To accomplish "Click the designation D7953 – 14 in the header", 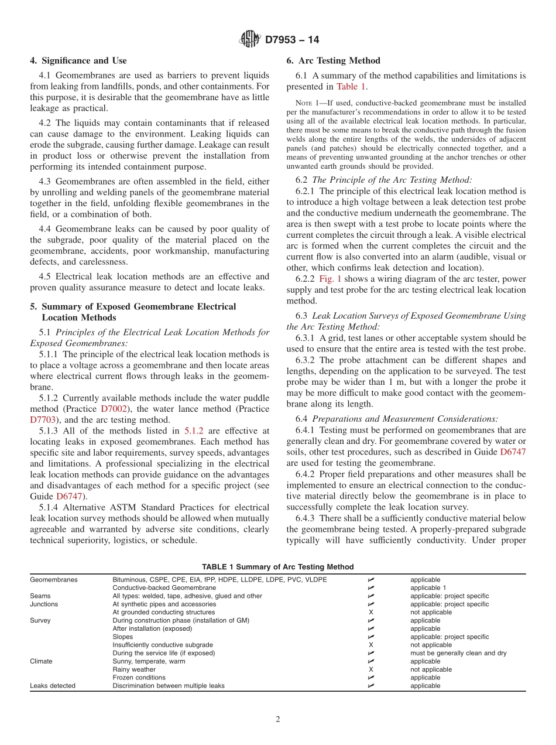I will [292, 40].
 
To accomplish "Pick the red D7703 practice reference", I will [41, 419].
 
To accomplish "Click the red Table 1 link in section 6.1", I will [352, 87].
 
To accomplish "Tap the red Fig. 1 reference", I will [330, 278].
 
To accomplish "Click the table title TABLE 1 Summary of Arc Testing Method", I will [277, 567].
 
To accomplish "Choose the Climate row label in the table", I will [41, 661].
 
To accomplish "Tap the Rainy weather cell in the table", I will [134, 669].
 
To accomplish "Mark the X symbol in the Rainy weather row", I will [370, 669].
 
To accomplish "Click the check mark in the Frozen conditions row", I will [370, 678].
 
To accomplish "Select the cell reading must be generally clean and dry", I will [458, 653].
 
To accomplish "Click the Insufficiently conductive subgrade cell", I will [163, 645].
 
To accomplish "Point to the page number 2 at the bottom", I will [278, 720].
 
